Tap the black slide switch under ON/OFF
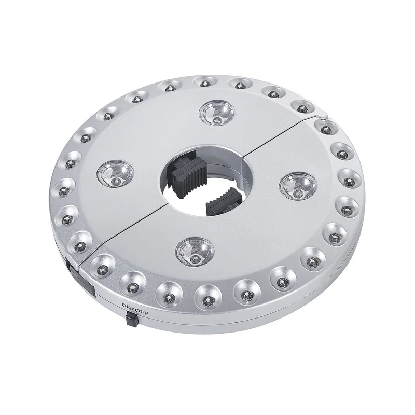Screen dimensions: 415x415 point(132,319)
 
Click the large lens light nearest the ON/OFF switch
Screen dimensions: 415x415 point(195,251)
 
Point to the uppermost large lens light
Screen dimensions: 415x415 point(217,113)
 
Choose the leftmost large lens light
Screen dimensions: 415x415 point(115,173)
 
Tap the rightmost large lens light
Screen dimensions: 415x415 point(299,186)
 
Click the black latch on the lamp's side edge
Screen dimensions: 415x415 point(81,277)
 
